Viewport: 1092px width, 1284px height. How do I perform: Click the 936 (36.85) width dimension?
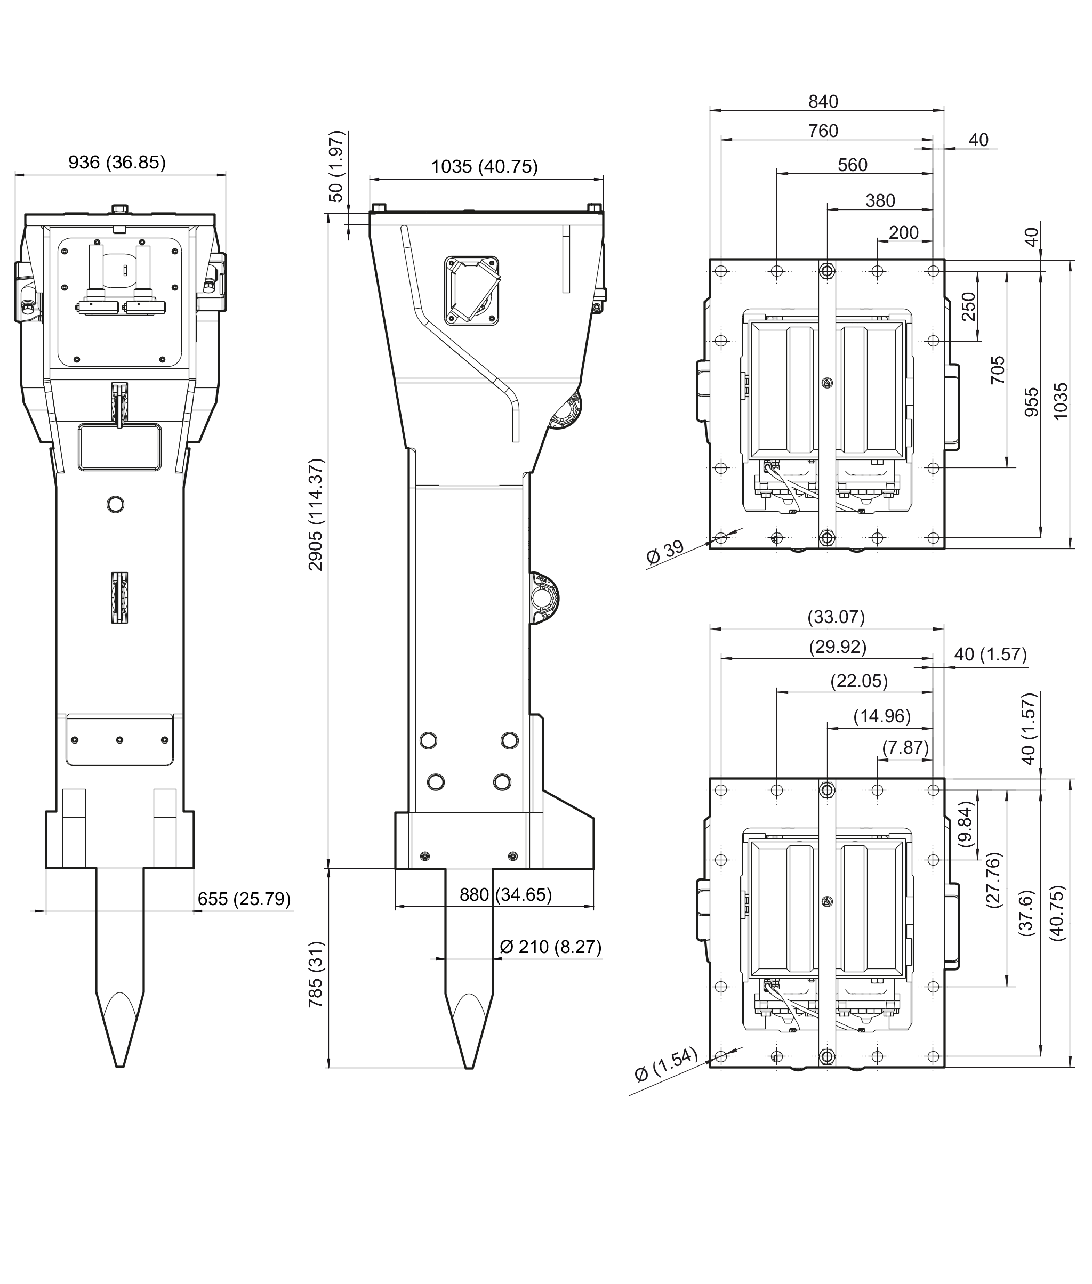(117, 162)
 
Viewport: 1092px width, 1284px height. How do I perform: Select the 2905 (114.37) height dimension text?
(316, 514)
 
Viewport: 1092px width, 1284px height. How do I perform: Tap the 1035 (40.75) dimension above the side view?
(484, 166)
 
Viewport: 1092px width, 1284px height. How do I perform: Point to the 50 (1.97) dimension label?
(335, 166)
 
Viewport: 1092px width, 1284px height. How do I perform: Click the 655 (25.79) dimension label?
(244, 899)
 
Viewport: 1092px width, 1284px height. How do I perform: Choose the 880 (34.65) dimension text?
(505, 895)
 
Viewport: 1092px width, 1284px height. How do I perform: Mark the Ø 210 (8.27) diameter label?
(550, 947)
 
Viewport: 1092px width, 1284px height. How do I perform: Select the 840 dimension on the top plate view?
(823, 101)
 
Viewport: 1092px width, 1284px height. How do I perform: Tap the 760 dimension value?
(823, 131)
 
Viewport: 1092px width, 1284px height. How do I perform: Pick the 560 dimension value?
(853, 165)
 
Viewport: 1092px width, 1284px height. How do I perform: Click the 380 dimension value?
(880, 200)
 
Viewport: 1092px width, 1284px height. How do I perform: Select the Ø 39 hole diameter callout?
(665, 552)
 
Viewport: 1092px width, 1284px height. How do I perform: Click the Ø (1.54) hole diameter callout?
(666, 1064)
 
